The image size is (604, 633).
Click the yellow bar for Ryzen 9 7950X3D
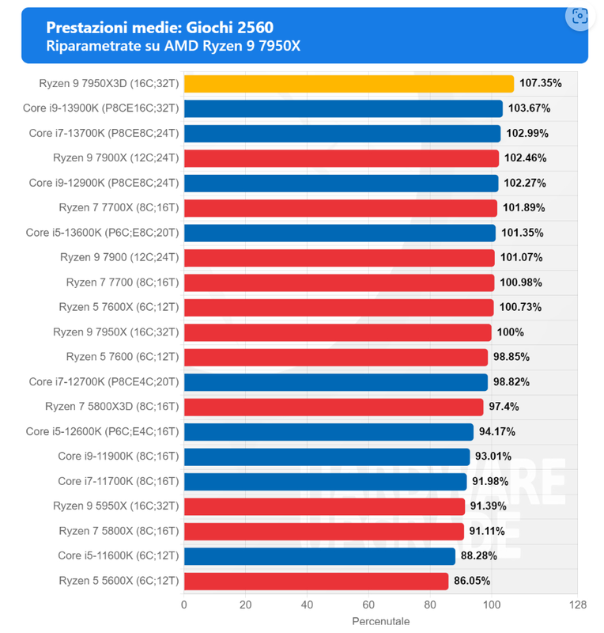[x=349, y=83]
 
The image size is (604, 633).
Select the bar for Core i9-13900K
[x=343, y=108]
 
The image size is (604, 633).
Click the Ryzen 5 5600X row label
[x=119, y=581]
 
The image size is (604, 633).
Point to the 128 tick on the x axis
[x=578, y=605]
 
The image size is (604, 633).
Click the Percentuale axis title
[x=380, y=623]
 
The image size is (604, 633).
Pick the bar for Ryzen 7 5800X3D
[x=334, y=407]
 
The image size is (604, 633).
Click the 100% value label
[x=511, y=332]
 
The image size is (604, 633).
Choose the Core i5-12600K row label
[x=103, y=431]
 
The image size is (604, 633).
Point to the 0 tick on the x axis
[x=184, y=605]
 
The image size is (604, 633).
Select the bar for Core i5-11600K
[x=319, y=555]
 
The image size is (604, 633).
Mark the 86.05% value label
[x=472, y=581]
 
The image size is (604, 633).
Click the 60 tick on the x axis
[x=368, y=605]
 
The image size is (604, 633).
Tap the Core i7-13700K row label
[x=104, y=133]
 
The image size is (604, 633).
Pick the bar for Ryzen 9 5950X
[x=324, y=506]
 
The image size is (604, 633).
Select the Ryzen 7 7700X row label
[x=119, y=208]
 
